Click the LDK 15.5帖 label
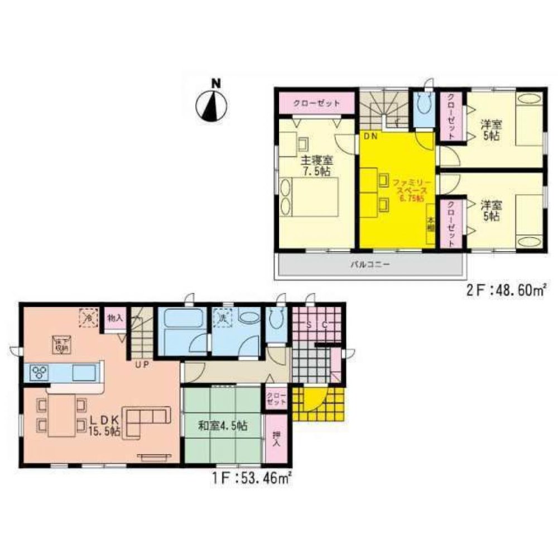(105, 424)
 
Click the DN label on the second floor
(370, 136)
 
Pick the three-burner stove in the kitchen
(40, 371)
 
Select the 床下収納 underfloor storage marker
(61, 344)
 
